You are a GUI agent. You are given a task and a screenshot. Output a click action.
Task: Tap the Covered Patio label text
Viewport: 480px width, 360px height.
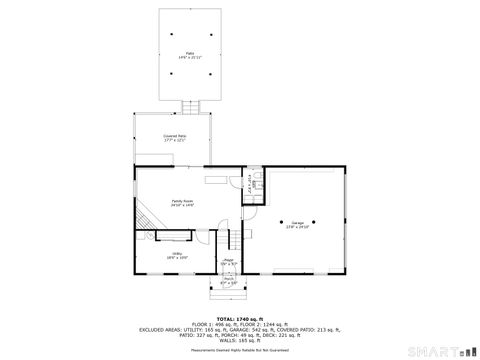click(175, 135)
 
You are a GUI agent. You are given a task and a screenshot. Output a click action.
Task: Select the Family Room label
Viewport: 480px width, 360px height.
click(181, 200)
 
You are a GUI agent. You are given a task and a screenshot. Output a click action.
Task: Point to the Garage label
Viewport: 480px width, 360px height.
click(298, 221)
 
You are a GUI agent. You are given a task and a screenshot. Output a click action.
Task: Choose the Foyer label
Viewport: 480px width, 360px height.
click(228, 260)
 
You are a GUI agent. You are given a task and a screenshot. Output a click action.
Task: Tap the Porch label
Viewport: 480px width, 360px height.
click(228, 279)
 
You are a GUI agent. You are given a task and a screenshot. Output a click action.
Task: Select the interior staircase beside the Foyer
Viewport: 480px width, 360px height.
click(227, 241)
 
